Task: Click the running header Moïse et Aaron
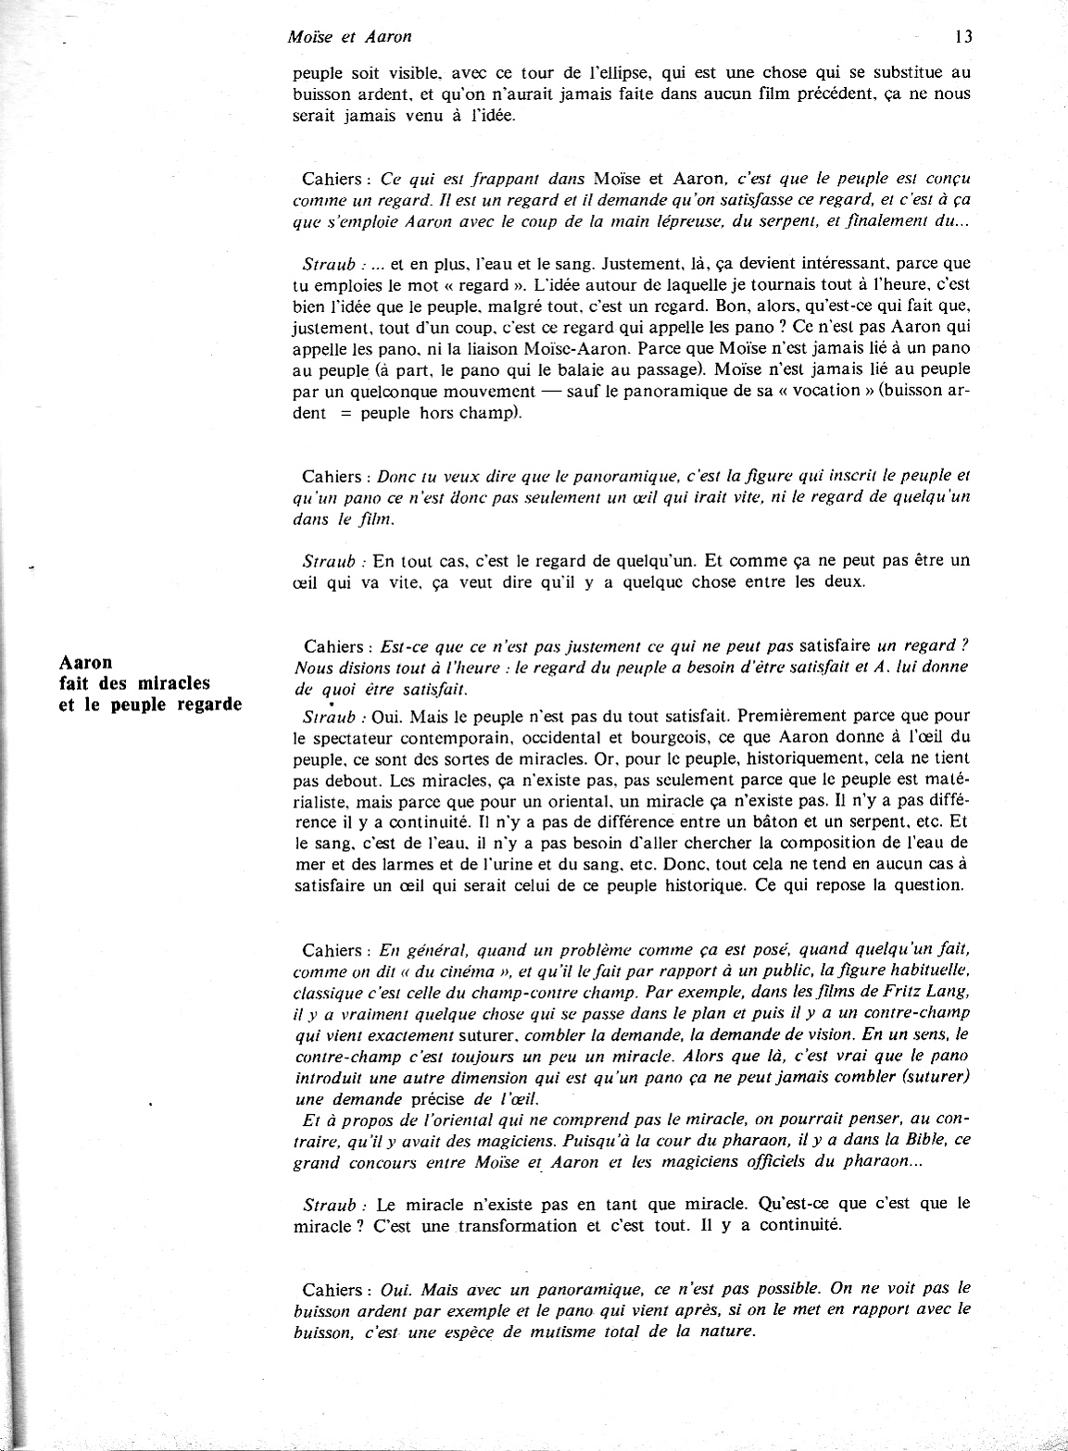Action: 350,38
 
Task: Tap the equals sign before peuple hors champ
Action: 345,414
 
